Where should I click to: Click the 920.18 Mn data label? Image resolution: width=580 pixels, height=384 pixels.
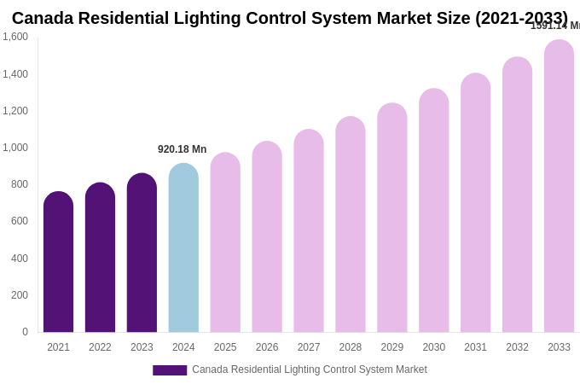click(182, 149)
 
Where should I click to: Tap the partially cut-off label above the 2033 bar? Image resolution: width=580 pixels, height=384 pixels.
click(554, 26)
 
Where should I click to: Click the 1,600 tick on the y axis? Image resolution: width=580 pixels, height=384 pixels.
click(15, 37)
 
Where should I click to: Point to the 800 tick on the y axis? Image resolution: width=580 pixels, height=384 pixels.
click(19, 184)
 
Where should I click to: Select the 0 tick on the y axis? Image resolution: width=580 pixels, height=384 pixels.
click(25, 332)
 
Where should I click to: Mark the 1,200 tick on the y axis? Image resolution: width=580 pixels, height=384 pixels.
click(15, 111)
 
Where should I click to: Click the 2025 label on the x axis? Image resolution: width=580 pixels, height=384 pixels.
click(225, 347)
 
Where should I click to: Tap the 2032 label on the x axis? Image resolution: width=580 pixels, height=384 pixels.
click(517, 347)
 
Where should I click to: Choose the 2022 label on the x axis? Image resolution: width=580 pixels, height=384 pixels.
click(100, 347)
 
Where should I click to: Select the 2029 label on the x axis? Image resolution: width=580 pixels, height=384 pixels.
click(392, 347)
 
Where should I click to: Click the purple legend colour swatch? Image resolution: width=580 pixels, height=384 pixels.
click(170, 370)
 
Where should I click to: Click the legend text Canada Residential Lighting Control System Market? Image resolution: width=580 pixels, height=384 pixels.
click(309, 369)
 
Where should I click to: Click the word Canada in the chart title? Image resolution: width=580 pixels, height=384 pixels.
click(43, 18)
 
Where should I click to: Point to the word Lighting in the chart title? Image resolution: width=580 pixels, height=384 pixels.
click(229, 18)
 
